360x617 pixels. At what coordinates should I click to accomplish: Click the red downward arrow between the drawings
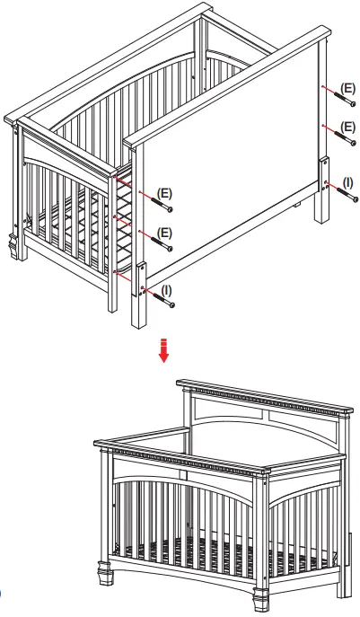coord(163,349)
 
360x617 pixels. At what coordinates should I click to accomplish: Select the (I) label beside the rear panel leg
coord(347,182)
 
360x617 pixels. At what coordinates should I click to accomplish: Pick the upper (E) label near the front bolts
coord(164,194)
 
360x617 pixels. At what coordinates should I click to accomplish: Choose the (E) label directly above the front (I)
coord(164,233)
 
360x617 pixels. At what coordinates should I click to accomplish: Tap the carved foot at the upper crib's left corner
coord(13,244)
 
